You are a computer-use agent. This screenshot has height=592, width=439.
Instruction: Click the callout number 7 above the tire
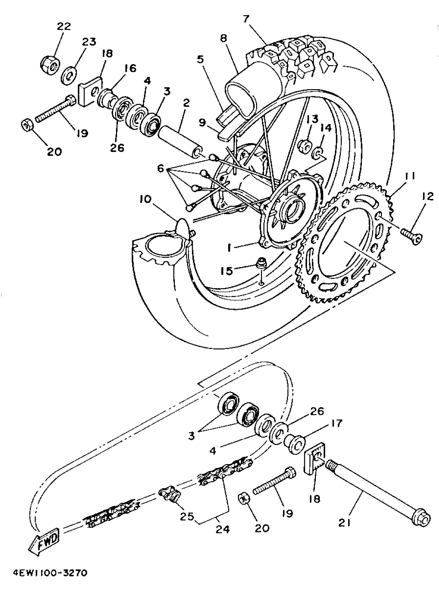click(x=246, y=19)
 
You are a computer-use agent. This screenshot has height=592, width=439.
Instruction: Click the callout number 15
click(x=226, y=271)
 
